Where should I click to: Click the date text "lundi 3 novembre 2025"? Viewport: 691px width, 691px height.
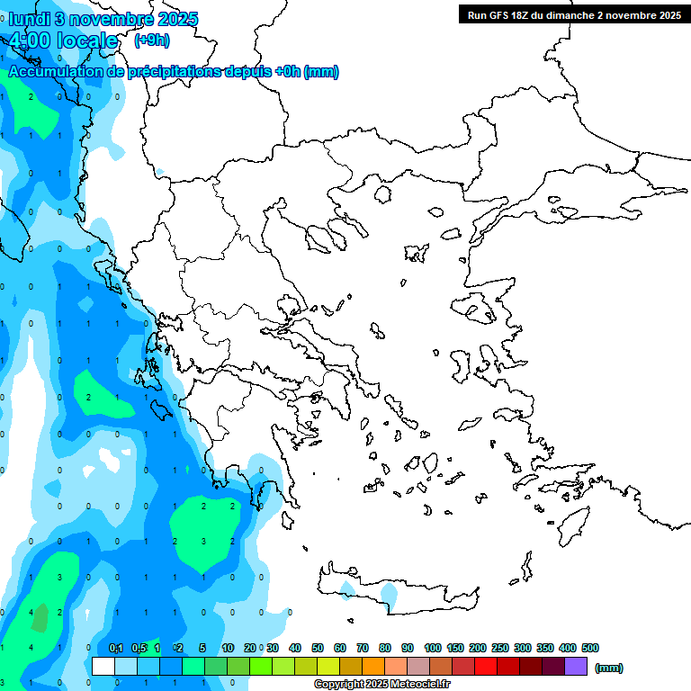pos(103,19)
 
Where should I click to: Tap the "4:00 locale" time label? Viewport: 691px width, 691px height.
pos(64,40)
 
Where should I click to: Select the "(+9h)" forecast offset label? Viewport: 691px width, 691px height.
pos(151,40)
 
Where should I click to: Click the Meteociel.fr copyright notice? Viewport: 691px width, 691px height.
pos(381,685)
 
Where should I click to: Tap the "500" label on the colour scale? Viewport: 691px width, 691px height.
pos(590,648)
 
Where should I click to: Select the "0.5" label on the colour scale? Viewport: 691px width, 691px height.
pos(139,648)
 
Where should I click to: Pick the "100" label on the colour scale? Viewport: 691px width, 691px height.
pos(432,648)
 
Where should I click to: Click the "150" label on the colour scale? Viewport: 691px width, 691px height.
pos(454,648)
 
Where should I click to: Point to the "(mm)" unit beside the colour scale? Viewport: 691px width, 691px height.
pos(609,668)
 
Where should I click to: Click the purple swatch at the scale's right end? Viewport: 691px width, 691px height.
pos(576,667)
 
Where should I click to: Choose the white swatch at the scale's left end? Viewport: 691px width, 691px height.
pos(103,667)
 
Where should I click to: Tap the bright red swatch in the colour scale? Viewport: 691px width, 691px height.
pos(486,667)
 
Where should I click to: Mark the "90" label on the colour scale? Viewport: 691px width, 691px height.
pos(408,648)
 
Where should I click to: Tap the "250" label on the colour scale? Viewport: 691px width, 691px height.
pos(499,648)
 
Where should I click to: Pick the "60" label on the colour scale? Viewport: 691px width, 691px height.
pos(340,648)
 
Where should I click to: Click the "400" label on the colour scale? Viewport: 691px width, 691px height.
pos(567,648)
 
